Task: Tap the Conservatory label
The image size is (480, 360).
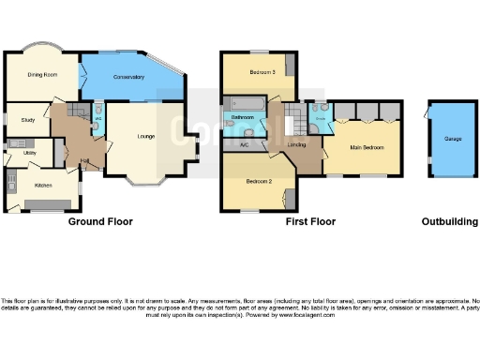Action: (x=128, y=76)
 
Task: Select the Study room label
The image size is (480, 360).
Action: (x=27, y=119)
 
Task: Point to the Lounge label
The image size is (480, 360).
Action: (x=146, y=137)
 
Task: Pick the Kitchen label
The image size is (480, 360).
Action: (x=43, y=185)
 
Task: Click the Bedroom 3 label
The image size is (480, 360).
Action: (x=261, y=72)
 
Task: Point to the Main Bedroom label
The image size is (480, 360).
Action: (x=367, y=147)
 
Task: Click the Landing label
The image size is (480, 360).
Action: (x=297, y=144)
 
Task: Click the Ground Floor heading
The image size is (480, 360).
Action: (x=100, y=222)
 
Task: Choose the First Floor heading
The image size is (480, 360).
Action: (x=311, y=222)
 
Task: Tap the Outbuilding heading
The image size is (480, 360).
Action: (x=448, y=222)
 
